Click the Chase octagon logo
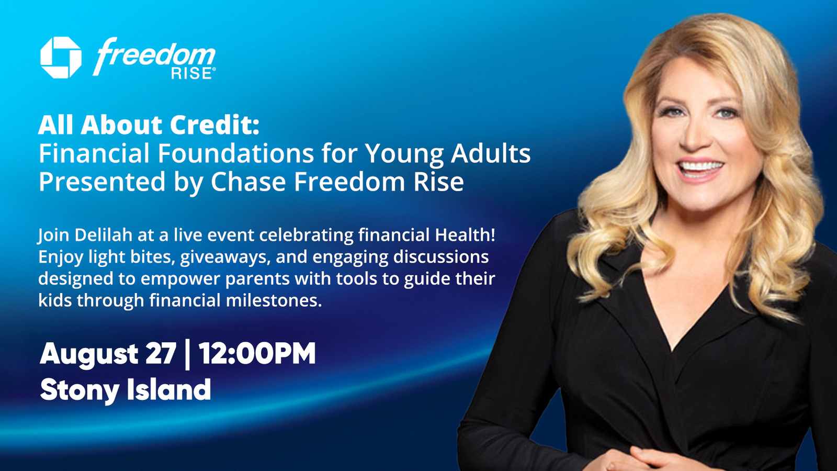coord(61,58)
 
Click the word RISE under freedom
coord(191,73)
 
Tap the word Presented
coord(102,182)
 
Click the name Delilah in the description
coord(104,235)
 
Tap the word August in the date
coord(89,354)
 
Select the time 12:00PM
coord(257,353)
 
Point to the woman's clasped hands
coord(650,458)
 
